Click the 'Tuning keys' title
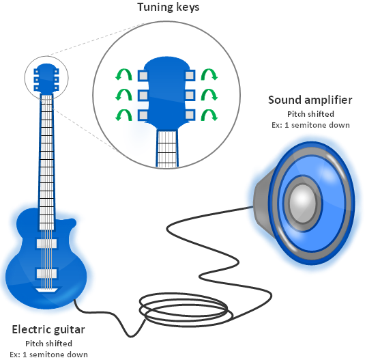click(168, 7)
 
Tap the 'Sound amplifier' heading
click(310, 100)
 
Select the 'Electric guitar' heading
click(48, 329)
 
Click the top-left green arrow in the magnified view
click(123, 74)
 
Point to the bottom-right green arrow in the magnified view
click(209, 115)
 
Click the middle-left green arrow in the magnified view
click(123, 95)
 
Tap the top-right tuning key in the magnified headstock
click(190, 76)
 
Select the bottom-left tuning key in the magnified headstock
click(143, 115)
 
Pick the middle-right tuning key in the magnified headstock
click(190, 96)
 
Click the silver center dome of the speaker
click(302, 203)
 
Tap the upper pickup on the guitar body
click(46, 243)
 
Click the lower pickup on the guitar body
click(46, 274)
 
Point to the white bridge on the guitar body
click(46, 290)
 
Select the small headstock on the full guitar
click(46, 79)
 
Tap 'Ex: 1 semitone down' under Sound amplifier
click(310, 125)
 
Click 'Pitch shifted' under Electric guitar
click(48, 344)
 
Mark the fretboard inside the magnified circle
click(167, 149)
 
